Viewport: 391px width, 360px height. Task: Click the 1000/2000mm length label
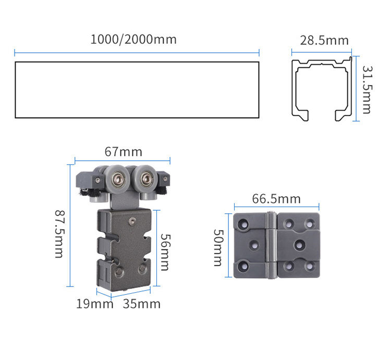[133, 40]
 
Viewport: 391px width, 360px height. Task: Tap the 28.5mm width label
[324, 40]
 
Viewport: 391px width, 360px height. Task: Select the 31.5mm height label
[367, 90]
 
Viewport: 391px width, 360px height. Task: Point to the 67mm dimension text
[124, 152]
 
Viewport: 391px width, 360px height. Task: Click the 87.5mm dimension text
[60, 234]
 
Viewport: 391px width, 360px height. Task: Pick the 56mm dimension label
[165, 252]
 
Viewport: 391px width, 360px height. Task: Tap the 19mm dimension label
[94, 304]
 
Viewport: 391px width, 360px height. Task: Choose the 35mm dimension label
[142, 304]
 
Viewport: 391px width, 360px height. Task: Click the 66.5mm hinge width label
[276, 199]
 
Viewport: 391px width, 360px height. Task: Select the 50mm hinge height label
[218, 248]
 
